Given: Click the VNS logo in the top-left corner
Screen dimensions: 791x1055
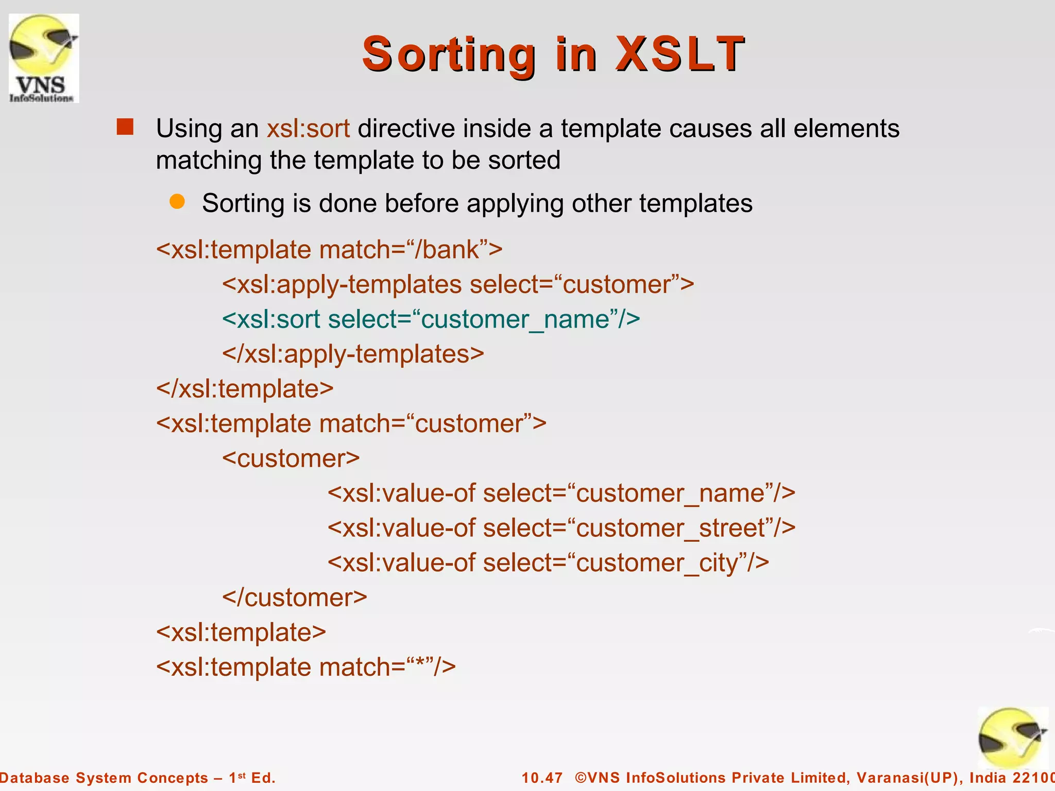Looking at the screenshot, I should click(x=44, y=58).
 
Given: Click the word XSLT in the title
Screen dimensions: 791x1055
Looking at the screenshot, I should click(x=680, y=54).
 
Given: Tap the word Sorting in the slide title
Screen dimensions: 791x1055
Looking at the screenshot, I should click(x=449, y=55).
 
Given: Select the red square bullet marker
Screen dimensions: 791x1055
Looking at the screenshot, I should click(x=125, y=127).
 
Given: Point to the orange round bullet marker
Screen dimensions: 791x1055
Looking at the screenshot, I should click(x=177, y=202).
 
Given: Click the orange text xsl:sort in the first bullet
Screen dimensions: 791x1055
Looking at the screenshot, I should click(x=308, y=128).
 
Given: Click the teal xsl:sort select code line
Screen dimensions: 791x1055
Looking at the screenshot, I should click(x=431, y=319).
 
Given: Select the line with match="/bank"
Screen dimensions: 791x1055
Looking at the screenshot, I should click(x=329, y=250).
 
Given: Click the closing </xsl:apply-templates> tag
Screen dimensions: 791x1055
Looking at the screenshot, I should click(x=353, y=354).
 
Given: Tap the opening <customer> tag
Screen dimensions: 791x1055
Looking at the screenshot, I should click(x=291, y=458).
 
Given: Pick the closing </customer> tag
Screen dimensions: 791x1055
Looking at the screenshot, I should click(x=294, y=597).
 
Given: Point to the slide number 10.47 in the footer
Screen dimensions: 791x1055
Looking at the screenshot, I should click(x=542, y=778).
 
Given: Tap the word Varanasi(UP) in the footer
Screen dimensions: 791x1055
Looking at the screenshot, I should click(x=910, y=778).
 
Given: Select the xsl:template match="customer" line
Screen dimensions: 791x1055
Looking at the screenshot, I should click(x=351, y=424).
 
